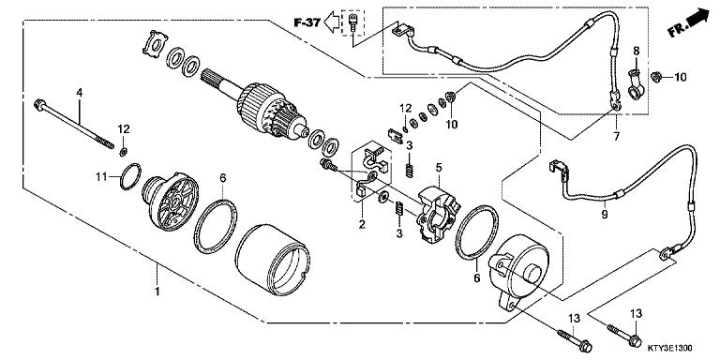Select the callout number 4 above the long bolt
pyautogui.click(x=80, y=92)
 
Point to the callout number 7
pyautogui.click(x=616, y=137)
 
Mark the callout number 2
pyautogui.click(x=360, y=224)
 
